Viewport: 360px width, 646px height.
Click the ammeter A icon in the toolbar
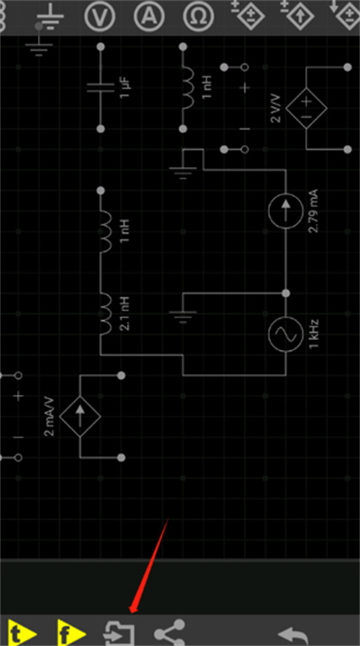[x=149, y=16]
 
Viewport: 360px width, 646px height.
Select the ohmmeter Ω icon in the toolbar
[x=199, y=16]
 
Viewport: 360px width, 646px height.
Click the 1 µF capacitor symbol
[x=101, y=88]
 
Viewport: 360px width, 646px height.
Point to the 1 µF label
[x=126, y=88]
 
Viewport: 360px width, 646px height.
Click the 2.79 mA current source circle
[x=286, y=211]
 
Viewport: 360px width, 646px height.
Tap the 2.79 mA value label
[x=313, y=211]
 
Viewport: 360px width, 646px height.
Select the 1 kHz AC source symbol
[x=286, y=335]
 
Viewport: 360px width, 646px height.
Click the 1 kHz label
[x=314, y=334]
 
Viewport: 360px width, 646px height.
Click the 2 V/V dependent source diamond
[x=307, y=108]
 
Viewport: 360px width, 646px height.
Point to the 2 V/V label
[x=275, y=108]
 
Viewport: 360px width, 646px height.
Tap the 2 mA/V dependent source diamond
[x=80, y=417]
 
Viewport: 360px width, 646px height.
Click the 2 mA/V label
[x=49, y=417]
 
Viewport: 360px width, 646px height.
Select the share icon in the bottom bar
[x=170, y=633]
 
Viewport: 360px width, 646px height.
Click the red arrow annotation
[x=148, y=566]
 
